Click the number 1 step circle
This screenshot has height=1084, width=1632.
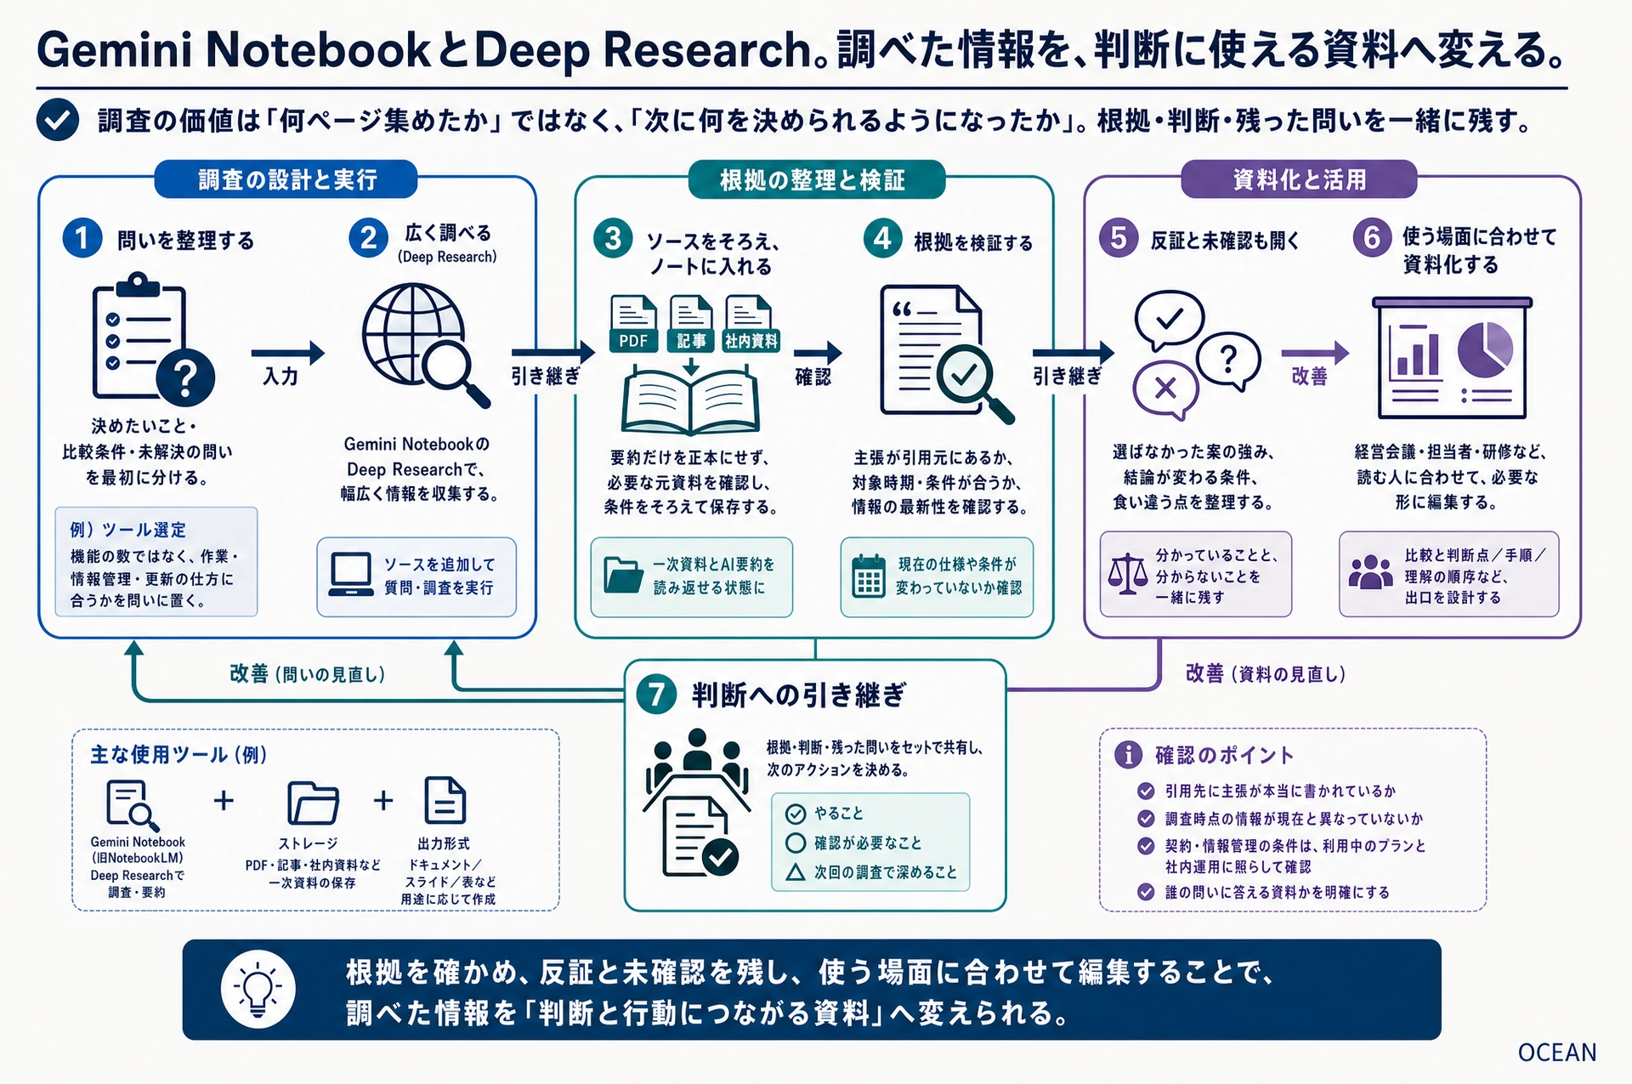click(82, 238)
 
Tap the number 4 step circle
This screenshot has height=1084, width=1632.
click(882, 238)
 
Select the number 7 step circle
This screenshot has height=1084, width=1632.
click(656, 695)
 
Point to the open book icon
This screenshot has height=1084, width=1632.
click(690, 400)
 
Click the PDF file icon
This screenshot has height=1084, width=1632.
click(633, 324)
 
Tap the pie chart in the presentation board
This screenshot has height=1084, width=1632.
click(1485, 349)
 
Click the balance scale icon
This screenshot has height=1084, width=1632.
click(1127, 574)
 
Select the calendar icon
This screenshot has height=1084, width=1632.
click(869, 576)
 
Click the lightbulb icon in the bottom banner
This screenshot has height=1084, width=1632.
click(258, 989)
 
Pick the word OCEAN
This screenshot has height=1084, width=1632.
click(1557, 1053)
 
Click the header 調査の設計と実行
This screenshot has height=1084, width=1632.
click(286, 179)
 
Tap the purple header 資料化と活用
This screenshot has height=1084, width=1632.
click(1299, 179)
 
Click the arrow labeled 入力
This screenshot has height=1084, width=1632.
click(288, 352)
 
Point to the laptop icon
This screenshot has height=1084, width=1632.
click(351, 576)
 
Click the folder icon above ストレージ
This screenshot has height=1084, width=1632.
click(313, 803)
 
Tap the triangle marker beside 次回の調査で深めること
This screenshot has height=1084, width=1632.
click(796, 872)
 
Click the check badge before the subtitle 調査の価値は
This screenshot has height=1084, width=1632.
click(58, 120)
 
